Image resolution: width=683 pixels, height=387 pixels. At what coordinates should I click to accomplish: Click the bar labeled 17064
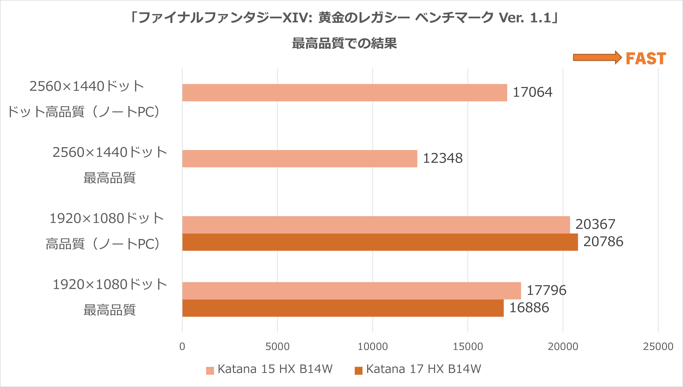[344, 93]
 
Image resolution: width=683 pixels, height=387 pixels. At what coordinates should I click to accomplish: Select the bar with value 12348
[300, 159]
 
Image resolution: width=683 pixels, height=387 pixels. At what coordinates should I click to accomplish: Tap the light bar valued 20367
[376, 225]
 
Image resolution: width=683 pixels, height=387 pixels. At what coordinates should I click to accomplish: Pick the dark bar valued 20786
[380, 242]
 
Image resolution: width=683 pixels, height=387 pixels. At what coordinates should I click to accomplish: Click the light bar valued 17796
[351, 291]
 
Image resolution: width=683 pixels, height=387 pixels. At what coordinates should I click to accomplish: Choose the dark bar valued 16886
[343, 308]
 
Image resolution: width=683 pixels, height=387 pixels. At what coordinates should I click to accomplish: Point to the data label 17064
[532, 92]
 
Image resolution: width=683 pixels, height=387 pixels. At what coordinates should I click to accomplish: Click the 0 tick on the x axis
[182, 347]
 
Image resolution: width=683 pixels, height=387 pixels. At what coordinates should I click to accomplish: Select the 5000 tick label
[277, 347]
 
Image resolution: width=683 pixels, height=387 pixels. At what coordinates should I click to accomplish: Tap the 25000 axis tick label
[658, 347]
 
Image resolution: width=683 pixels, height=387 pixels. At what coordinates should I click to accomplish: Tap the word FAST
[646, 58]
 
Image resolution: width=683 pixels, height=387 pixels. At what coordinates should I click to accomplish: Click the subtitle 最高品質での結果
[344, 43]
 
